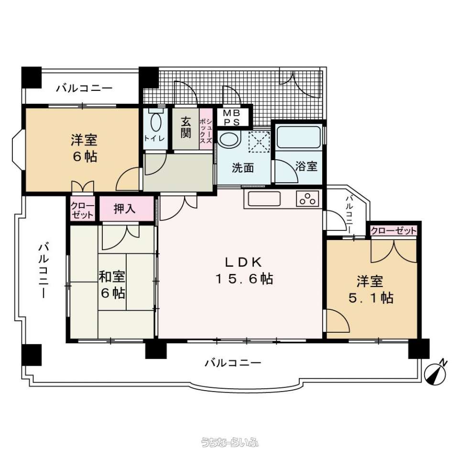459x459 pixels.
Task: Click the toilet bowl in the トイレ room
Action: click(155, 120)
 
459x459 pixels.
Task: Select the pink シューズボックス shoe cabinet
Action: click(206, 129)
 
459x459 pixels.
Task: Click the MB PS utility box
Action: click(232, 117)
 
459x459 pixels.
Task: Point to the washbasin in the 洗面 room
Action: click(229, 141)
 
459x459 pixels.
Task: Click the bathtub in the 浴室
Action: click(298, 137)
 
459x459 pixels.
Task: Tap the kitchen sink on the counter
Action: click(264, 199)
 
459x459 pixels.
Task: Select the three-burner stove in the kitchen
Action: click(307, 198)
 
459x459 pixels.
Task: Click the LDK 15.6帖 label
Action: click(244, 271)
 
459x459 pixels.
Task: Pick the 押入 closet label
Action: click(124, 208)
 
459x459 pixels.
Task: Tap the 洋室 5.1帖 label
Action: click(371, 290)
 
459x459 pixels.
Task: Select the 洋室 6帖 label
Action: click(84, 148)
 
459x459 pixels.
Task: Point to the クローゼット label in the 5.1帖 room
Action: click(393, 231)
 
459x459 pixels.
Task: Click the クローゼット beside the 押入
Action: click(83, 210)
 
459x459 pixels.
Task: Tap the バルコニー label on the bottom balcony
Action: click(233, 363)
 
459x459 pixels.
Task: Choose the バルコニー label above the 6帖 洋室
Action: click(84, 88)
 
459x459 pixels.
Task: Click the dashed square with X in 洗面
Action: click(259, 142)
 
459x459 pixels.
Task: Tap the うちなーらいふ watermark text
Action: click(230, 442)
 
